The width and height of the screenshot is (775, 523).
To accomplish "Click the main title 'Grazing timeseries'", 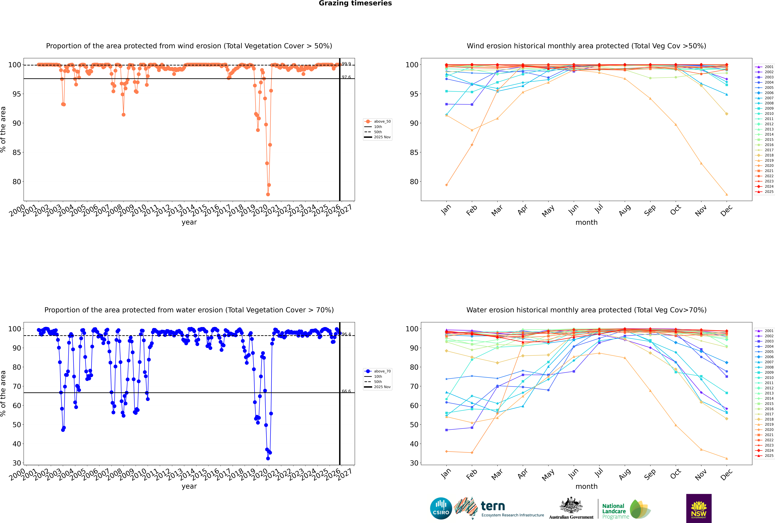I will point(355,3).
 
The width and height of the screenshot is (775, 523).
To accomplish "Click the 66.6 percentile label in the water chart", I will point(346,391).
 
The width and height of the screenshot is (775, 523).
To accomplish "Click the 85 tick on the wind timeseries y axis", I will point(17,152).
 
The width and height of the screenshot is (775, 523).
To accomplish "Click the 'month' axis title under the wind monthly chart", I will point(586,223).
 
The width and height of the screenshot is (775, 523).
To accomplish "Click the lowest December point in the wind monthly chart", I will point(727,194).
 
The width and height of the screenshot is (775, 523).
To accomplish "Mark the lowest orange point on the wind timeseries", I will point(268,194).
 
